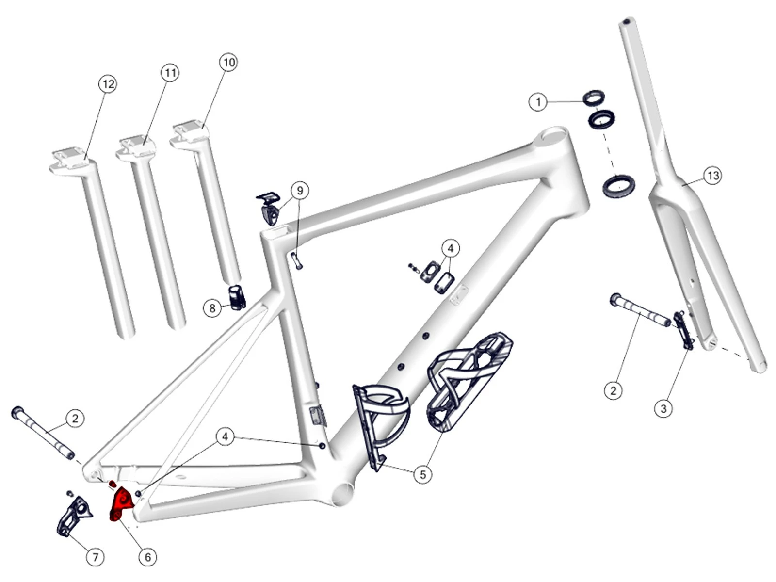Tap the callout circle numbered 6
pos(148,557)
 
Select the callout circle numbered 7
pos(95,557)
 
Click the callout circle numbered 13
pos(712,175)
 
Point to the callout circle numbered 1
pos(538,102)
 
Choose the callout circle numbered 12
pos(108,84)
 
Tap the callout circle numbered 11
pos(169,73)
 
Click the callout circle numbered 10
pos(228,62)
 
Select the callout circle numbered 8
pos(212,308)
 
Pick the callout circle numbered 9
pos(300,190)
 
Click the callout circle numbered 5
pos(422,474)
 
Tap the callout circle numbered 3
pos(663,408)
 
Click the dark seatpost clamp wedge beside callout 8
pos(237,297)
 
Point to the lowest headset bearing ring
pos(618,186)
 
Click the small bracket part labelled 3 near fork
pos(683,331)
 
